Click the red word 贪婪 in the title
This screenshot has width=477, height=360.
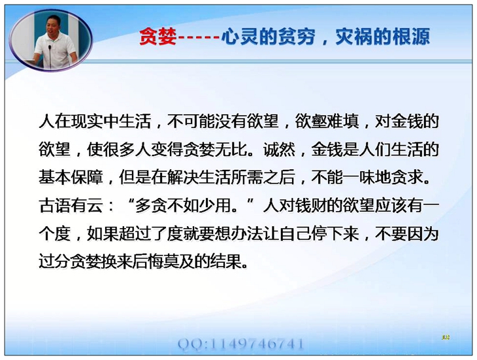(x=158, y=37)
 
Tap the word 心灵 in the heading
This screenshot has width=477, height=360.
(x=239, y=37)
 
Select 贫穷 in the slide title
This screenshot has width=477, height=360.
(x=296, y=37)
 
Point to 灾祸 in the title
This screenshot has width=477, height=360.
(x=354, y=37)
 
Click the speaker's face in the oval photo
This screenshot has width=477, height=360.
(x=54, y=25)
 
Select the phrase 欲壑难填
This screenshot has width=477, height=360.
(x=327, y=122)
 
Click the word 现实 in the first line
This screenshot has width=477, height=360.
(x=87, y=122)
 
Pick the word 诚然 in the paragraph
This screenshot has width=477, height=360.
(x=279, y=150)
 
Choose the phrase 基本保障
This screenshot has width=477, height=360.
(x=71, y=178)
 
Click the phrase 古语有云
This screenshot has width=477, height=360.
(x=71, y=206)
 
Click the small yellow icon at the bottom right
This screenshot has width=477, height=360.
(x=446, y=337)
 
